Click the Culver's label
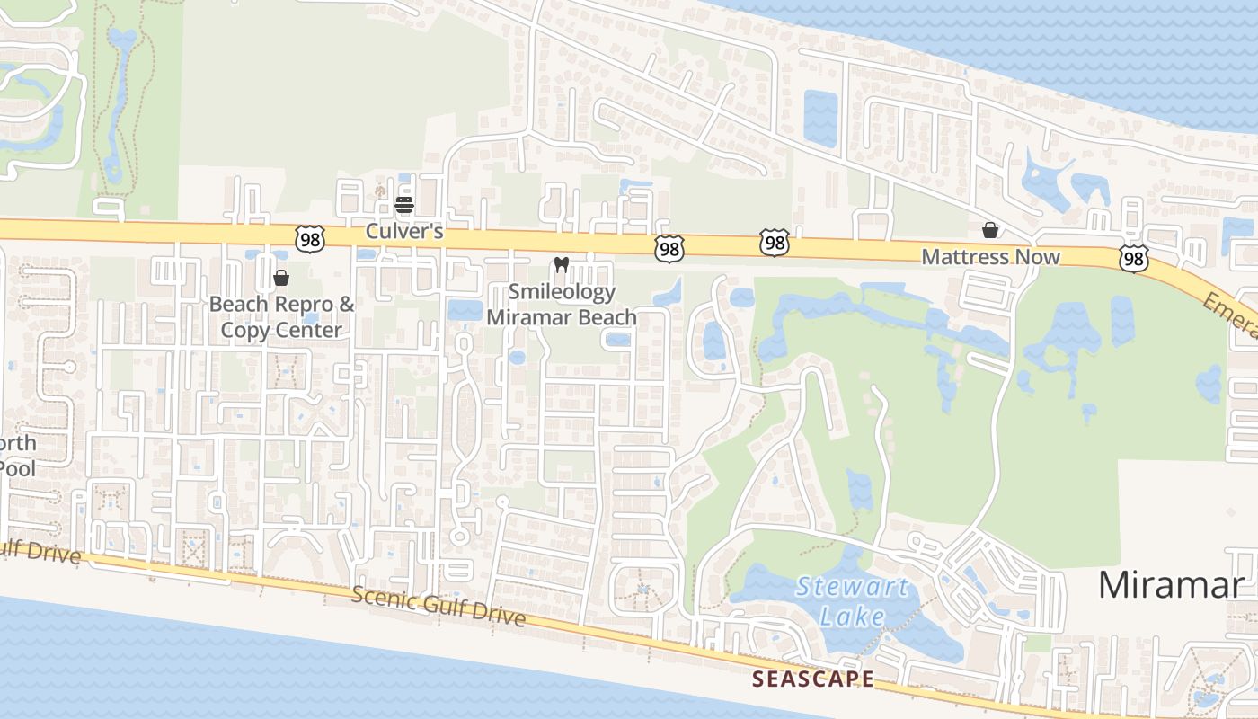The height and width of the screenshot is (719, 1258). (x=404, y=231)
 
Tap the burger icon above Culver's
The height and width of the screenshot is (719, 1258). (x=403, y=205)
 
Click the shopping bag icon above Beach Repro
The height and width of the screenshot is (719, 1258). (x=281, y=278)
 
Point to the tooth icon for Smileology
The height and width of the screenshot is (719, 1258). (x=563, y=264)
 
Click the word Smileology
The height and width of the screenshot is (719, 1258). (x=563, y=291)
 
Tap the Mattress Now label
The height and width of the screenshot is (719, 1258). (x=991, y=257)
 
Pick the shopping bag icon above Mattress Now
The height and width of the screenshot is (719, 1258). (x=990, y=230)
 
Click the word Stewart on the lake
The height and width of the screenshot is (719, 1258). (x=853, y=588)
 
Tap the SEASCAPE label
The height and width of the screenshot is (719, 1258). (x=812, y=679)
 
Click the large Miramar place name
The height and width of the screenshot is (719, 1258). (x=1171, y=585)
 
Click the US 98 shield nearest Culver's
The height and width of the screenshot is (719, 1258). (x=309, y=237)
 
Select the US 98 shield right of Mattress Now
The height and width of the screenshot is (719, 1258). (x=1134, y=259)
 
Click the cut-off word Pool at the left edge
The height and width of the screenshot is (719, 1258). (x=18, y=468)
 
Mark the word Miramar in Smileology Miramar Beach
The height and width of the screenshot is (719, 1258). (x=529, y=316)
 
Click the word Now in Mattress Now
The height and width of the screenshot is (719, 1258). (x=1038, y=257)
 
